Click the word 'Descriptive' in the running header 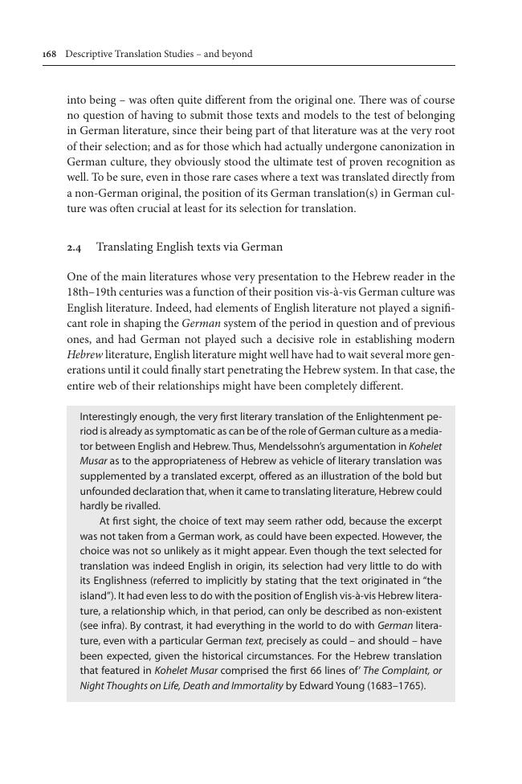89,55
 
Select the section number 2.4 74,247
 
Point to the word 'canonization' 407,146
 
